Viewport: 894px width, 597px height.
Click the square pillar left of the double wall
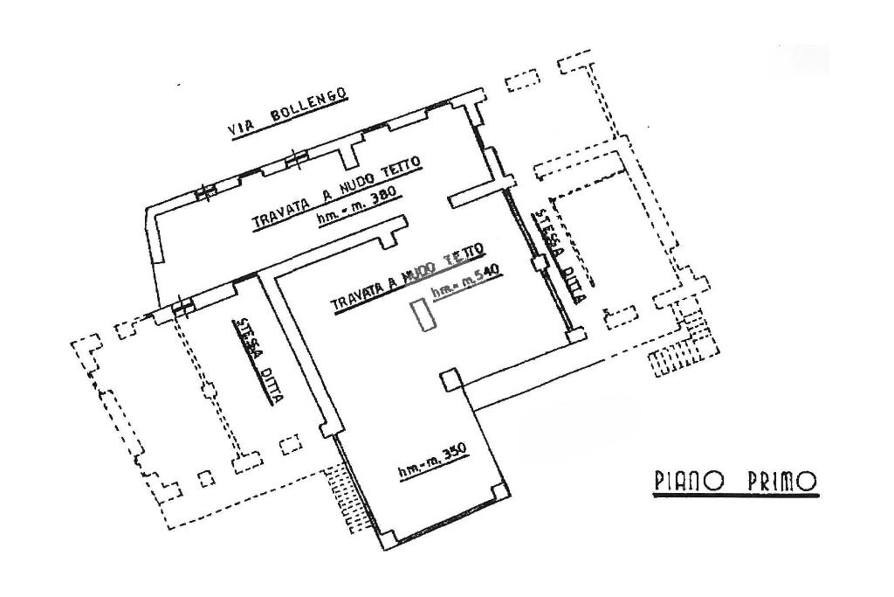[449, 380]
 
